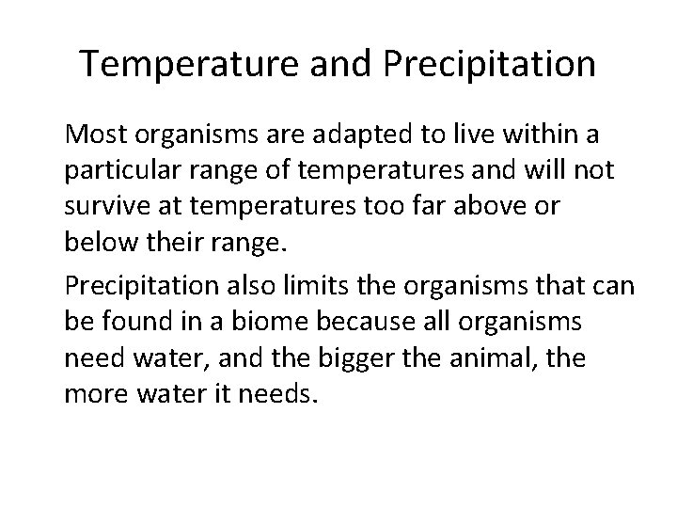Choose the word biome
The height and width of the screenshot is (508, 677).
click(x=257, y=321)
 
